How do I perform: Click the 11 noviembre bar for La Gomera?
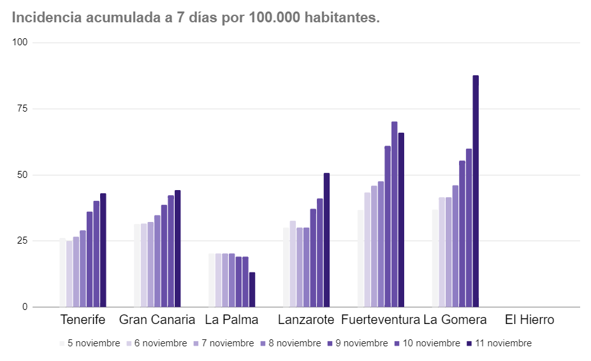click(x=476, y=191)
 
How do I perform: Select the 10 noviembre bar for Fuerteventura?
click(x=395, y=214)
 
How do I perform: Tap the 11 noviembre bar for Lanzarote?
click(x=326, y=240)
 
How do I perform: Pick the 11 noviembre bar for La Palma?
click(x=252, y=290)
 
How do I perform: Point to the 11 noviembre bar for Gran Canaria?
click(x=178, y=249)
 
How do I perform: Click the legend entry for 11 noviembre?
click(x=499, y=343)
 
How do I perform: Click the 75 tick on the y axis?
click(x=23, y=108)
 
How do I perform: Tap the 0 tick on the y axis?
click(x=26, y=307)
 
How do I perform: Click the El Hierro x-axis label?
click(x=529, y=320)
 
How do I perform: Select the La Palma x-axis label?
click(x=231, y=320)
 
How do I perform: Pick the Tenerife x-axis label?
click(x=83, y=320)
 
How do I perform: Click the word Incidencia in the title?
click(x=46, y=18)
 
